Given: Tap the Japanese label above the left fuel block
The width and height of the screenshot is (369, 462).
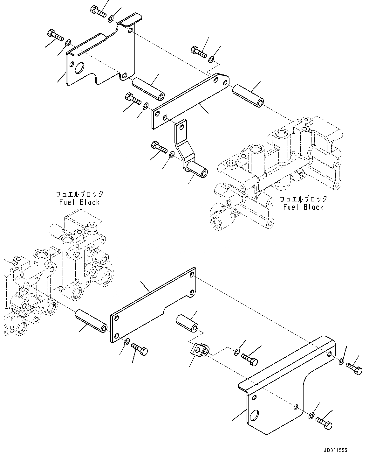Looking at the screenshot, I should pyautogui.click(x=80, y=194).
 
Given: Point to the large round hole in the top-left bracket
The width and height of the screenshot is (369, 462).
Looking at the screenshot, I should pyautogui.click(x=79, y=68).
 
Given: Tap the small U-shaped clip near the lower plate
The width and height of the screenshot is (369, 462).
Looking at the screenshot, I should pyautogui.click(x=199, y=351).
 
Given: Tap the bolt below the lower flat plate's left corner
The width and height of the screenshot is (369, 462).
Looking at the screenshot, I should pyautogui.click(x=139, y=349).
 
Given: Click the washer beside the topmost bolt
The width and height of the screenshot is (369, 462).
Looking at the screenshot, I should pyautogui.click(x=110, y=19).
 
